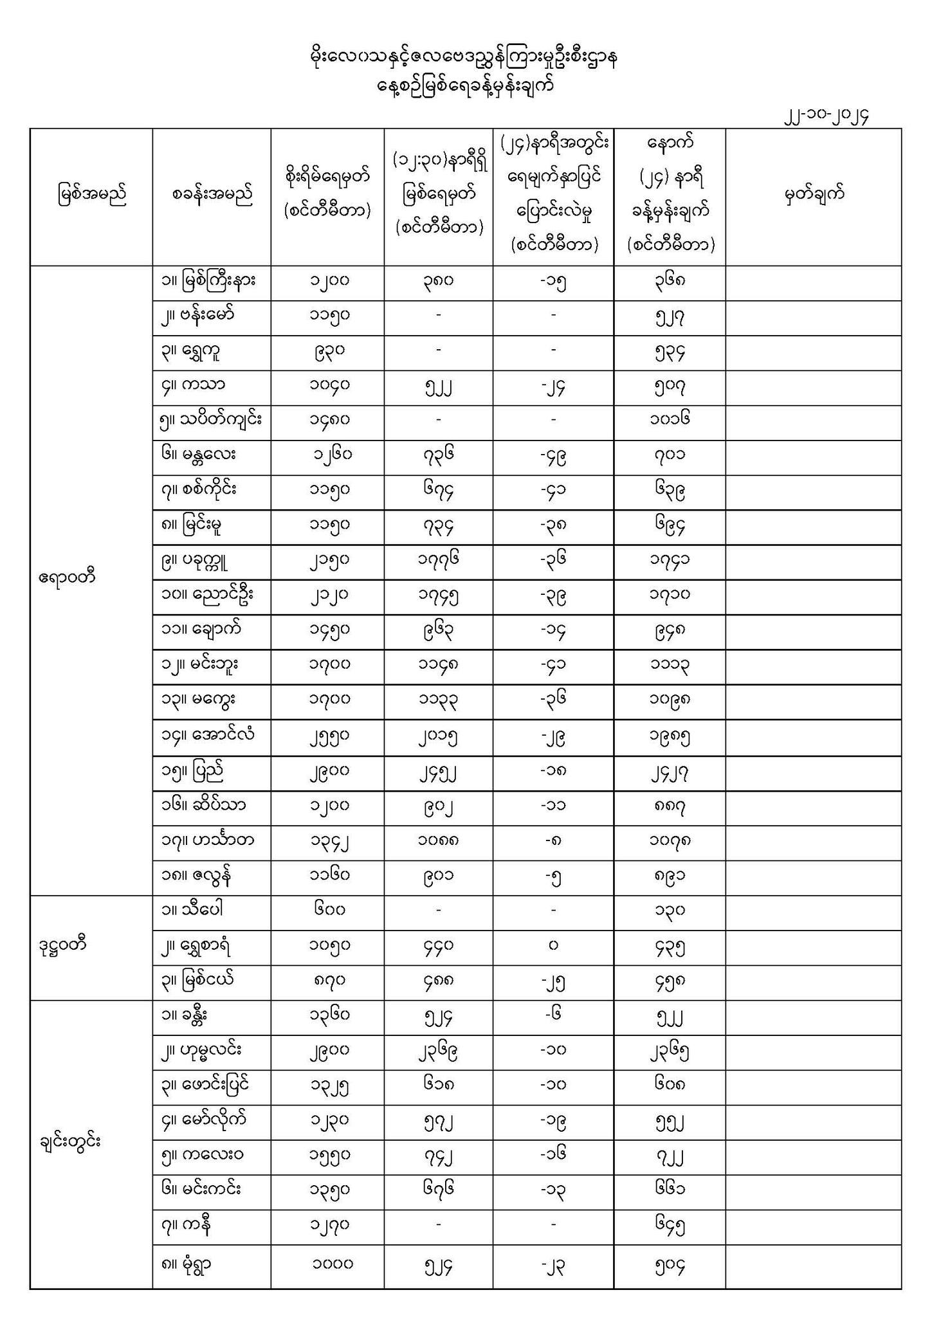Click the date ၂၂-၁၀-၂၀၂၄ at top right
[x=827, y=116]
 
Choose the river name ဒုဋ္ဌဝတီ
[x=63, y=945]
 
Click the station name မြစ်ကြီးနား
[x=209, y=281]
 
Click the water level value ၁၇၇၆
[x=438, y=561]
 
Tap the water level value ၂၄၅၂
[x=438, y=771]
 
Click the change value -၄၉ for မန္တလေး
[x=553, y=457]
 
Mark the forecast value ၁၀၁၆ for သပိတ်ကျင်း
[x=670, y=421]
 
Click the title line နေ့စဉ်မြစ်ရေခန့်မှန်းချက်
[x=465, y=86]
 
